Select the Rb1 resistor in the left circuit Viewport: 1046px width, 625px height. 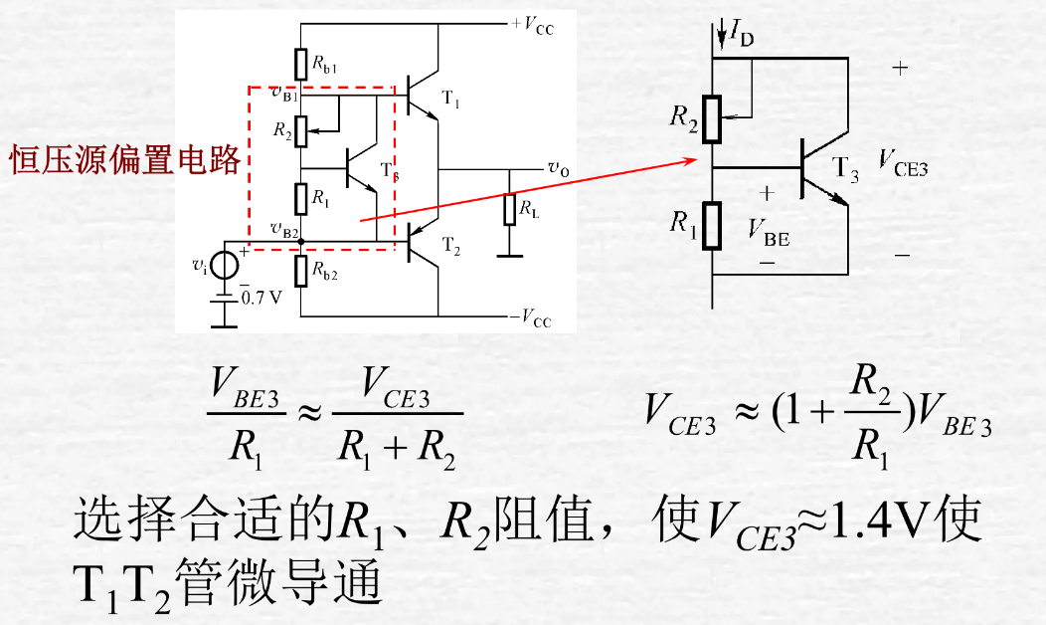pos(300,65)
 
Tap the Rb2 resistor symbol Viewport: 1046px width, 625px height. pos(300,271)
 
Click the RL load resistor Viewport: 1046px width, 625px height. pos(510,211)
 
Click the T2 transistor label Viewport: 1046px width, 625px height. pos(451,245)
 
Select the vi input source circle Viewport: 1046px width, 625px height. pos(225,265)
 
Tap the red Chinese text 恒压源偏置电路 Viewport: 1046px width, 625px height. pos(125,159)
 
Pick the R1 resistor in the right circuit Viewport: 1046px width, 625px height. pos(712,226)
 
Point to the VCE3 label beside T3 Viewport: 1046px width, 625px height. pos(903,163)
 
